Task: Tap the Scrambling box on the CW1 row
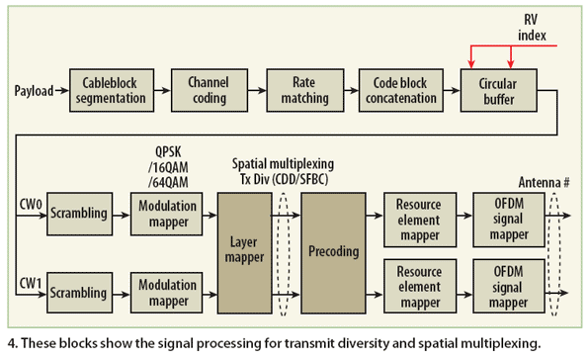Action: click(x=79, y=293)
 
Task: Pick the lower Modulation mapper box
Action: click(x=165, y=293)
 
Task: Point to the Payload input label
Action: click(x=36, y=91)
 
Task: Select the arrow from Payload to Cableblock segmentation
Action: click(x=62, y=91)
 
